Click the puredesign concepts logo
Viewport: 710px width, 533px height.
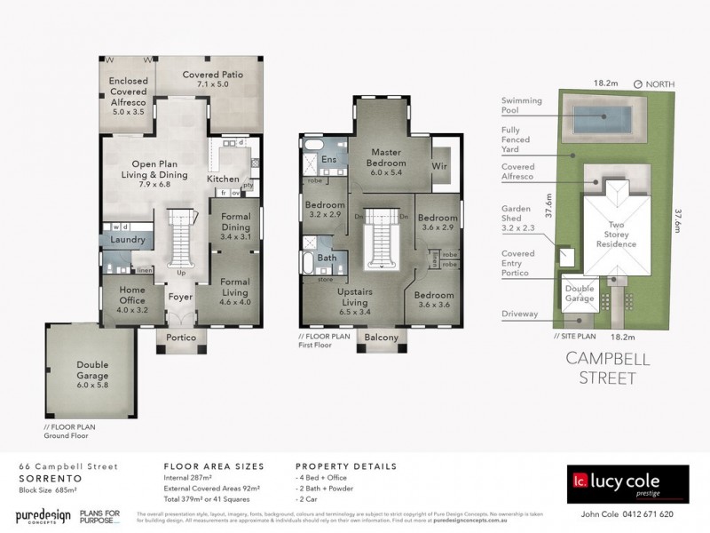coord(42,516)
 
